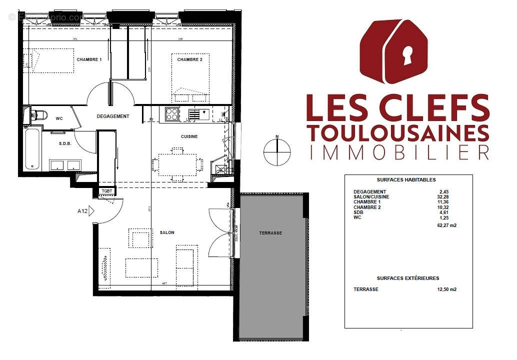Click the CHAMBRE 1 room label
tap(89, 59)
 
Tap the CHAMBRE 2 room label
tap(189, 59)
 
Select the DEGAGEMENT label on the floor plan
tap(112, 116)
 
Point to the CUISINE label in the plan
tap(189, 136)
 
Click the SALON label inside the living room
tap(166, 232)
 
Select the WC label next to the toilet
tap(58, 118)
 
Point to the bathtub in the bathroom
tap(31, 149)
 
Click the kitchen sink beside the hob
tap(198, 114)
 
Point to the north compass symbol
tap(276, 150)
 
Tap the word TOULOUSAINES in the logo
tap(398, 133)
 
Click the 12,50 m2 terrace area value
tap(446, 289)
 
